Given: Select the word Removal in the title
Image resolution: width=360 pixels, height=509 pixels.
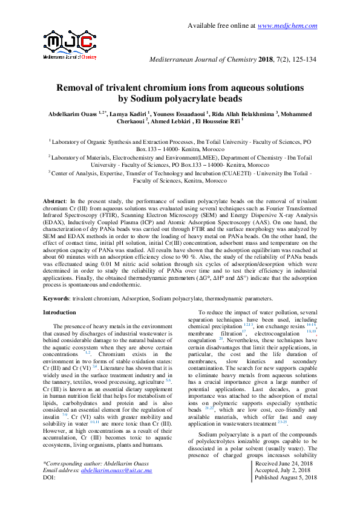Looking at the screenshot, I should [x=79, y=88].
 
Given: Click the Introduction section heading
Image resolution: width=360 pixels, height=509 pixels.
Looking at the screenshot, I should [x=59, y=313].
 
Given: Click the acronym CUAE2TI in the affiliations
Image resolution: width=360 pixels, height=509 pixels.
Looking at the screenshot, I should [x=266, y=172].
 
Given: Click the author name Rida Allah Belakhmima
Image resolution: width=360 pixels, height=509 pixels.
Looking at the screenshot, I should [x=244, y=114].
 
